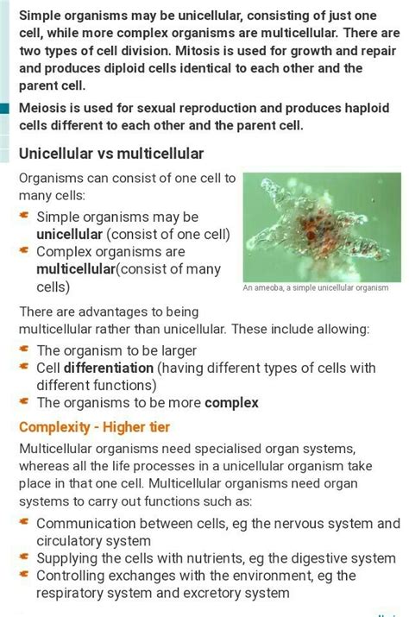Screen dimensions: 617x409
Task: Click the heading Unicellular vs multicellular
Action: click(x=111, y=154)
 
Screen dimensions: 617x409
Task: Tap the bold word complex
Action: click(x=232, y=402)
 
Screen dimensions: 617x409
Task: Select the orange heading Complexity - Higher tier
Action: click(x=95, y=427)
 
